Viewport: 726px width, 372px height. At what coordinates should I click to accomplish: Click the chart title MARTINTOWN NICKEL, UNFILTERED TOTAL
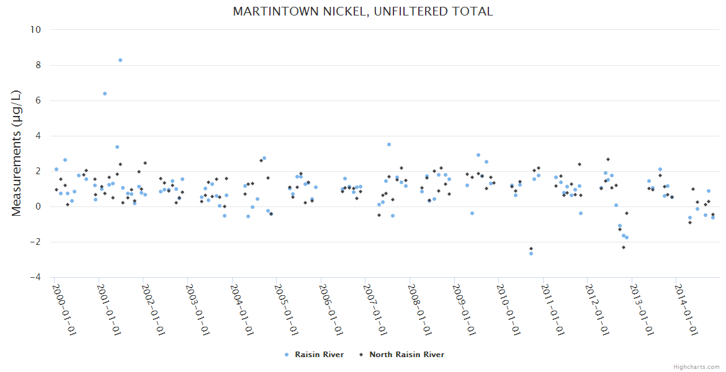pyautogui.click(x=363, y=11)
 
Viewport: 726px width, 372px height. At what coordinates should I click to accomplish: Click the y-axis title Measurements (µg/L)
pyautogui.click(x=17, y=153)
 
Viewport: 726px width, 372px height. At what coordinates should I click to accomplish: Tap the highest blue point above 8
pyautogui.click(x=120, y=60)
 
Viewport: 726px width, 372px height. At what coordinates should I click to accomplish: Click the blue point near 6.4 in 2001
pyautogui.click(x=105, y=94)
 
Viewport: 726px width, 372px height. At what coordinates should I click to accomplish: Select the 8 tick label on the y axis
pyautogui.click(x=37, y=65)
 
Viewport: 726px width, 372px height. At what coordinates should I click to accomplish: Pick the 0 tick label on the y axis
pyautogui.click(x=37, y=206)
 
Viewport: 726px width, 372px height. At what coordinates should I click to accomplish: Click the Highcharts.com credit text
pyautogui.click(x=696, y=366)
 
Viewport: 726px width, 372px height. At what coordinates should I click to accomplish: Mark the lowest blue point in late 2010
pyautogui.click(x=531, y=254)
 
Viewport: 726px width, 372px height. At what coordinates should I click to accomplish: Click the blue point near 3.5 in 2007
pyautogui.click(x=389, y=144)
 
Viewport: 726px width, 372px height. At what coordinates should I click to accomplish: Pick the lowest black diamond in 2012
pyautogui.click(x=623, y=247)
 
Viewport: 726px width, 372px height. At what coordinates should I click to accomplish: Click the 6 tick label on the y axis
pyautogui.click(x=37, y=100)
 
